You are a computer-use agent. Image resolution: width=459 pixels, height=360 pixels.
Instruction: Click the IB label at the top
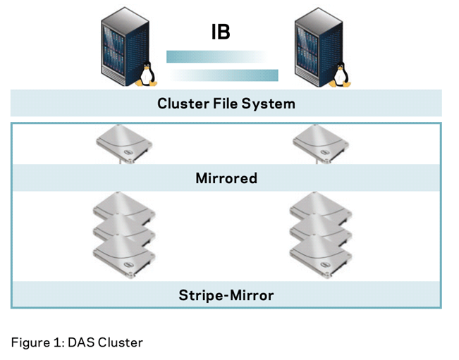click(x=220, y=32)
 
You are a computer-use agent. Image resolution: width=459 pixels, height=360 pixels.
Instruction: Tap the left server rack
click(x=121, y=46)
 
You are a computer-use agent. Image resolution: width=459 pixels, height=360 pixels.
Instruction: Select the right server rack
click(x=314, y=46)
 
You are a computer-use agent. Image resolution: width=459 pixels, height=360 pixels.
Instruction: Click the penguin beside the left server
click(x=147, y=74)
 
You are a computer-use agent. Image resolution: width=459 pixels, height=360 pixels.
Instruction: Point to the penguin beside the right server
click(x=341, y=74)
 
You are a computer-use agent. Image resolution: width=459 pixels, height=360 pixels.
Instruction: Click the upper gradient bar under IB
click(x=216, y=56)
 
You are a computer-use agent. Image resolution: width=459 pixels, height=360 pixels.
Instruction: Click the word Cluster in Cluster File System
click(x=181, y=104)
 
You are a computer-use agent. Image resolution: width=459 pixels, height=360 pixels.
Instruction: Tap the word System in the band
click(x=270, y=104)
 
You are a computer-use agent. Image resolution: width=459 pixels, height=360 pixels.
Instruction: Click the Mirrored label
click(x=226, y=178)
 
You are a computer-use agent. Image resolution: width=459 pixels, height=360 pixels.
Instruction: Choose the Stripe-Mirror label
click(x=226, y=294)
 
